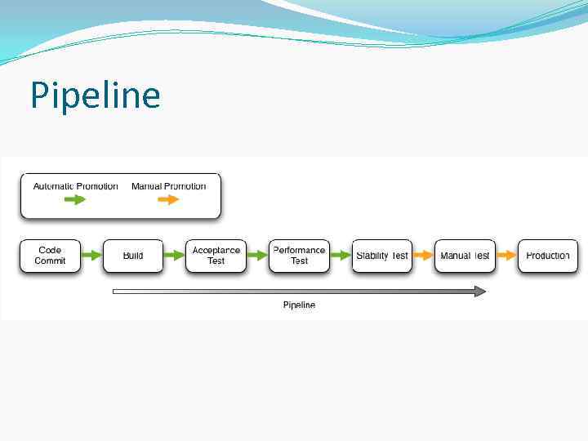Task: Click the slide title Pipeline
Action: (x=95, y=96)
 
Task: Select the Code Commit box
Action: (x=50, y=256)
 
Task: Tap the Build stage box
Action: (x=133, y=256)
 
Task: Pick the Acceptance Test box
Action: (x=216, y=256)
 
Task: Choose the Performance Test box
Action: (x=299, y=256)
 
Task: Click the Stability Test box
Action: (x=382, y=256)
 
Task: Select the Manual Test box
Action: (x=465, y=256)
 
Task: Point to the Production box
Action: (x=548, y=256)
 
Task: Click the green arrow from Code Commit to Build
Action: (x=91, y=256)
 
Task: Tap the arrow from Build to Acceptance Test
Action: (x=175, y=256)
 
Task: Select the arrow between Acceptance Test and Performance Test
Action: (x=257, y=256)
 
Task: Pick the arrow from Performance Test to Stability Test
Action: (x=341, y=256)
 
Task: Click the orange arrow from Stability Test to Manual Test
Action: (x=423, y=256)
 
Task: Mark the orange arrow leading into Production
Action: (x=506, y=256)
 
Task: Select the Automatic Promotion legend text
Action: (x=75, y=186)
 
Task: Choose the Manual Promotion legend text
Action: (x=169, y=186)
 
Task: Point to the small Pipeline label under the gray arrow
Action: (x=299, y=305)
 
